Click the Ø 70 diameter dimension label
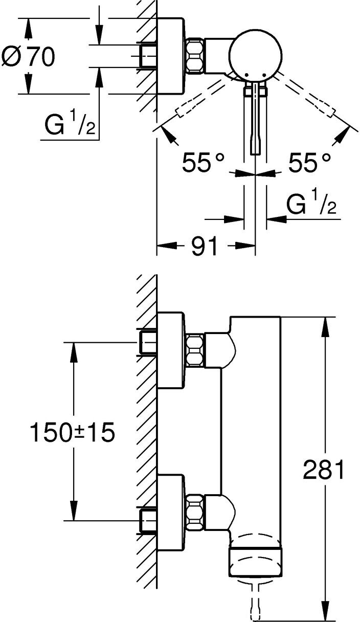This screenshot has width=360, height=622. point(28,56)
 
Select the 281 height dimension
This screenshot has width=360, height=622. point(323,469)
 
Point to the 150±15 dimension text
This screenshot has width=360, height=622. point(72,432)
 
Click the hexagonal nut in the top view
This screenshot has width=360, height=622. point(195,56)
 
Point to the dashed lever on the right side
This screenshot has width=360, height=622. point(305,95)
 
